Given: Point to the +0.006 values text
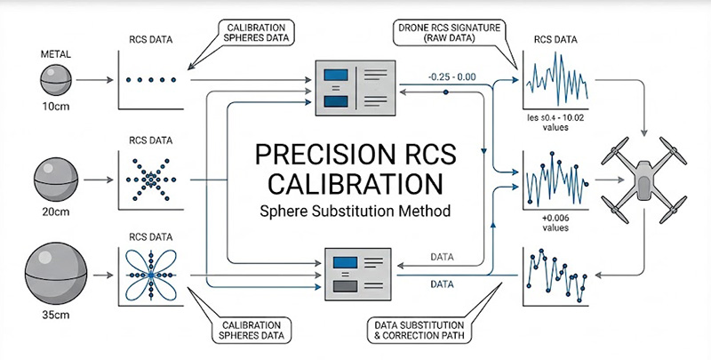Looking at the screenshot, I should (x=555, y=220).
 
